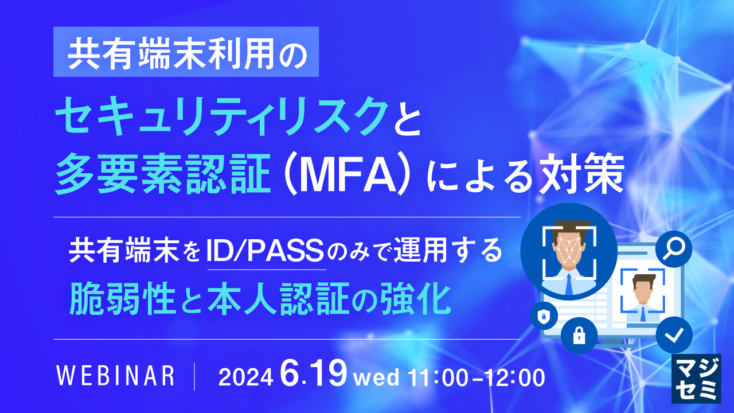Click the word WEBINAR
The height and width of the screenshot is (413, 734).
pyautogui.click(x=116, y=376)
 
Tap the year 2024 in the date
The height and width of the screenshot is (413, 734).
pyautogui.click(x=245, y=377)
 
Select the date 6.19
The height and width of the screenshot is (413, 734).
pyautogui.click(x=314, y=375)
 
